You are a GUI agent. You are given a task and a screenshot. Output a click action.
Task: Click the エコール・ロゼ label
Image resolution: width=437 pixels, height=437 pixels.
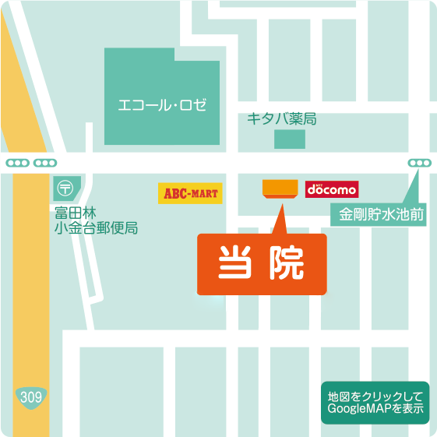(x=162, y=104)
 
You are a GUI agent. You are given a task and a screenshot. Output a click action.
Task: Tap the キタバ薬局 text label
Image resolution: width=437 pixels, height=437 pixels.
(x=281, y=118)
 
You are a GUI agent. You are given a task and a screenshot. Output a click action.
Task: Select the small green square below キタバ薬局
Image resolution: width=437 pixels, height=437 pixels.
(x=290, y=140)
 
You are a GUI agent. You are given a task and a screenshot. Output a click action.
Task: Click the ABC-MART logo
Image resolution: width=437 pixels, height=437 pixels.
(x=190, y=192)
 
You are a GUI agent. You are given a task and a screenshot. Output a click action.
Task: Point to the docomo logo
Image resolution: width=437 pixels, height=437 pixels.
(x=332, y=189)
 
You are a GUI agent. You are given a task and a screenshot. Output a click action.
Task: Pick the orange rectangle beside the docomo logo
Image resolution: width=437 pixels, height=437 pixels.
(x=280, y=189)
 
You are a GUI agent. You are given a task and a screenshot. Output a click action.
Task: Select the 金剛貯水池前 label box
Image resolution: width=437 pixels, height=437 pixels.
(x=381, y=213)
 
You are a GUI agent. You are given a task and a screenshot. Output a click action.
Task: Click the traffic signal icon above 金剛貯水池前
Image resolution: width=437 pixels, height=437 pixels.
(x=419, y=164)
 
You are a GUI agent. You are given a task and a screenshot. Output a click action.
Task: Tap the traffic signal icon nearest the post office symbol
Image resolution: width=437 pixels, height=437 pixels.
(x=45, y=164)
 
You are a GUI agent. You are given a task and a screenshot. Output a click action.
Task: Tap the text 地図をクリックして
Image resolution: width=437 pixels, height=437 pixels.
(x=375, y=396)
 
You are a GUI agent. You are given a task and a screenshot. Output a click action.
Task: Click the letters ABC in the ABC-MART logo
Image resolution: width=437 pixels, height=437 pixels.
(x=174, y=192)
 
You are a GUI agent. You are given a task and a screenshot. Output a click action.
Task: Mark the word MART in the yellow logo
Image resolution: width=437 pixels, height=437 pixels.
(x=204, y=192)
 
